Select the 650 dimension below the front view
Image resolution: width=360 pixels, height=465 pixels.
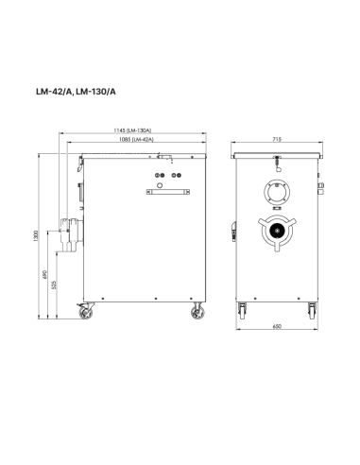[277, 327]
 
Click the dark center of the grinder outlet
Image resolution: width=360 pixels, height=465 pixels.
[277, 231]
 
